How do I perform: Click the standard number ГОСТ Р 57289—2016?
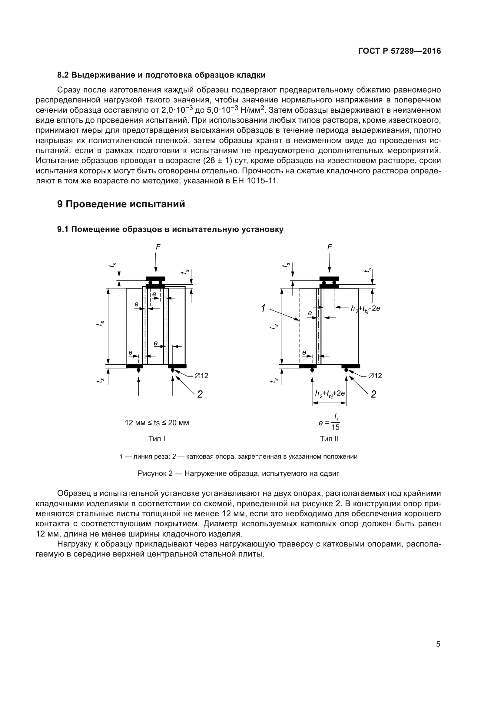pos(400,51)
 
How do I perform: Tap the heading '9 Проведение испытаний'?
pos(121,204)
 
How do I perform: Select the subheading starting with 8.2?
pos(161,75)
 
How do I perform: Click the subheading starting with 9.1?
pos(170,229)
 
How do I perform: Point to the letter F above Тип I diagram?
pos(158,247)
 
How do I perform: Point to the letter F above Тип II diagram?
pos(330,247)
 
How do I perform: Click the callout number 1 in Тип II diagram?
pos(263,308)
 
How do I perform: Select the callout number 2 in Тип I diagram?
pos(200,394)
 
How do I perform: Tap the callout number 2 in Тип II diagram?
pos(373,394)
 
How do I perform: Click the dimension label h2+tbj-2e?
pos(365,309)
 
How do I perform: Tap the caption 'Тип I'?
pos(157,439)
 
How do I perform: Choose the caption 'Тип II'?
pos(329,439)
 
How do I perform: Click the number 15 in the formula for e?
pos(335,427)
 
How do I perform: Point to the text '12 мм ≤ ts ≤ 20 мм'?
pos(157,423)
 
